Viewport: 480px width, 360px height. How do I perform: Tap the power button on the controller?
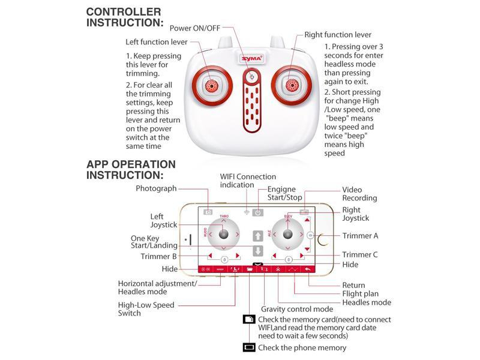[x=253, y=77]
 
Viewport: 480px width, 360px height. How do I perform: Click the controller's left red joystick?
[x=211, y=85]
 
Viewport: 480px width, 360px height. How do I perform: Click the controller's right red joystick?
[x=293, y=85]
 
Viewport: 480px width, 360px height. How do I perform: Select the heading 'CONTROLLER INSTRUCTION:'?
[x=125, y=17]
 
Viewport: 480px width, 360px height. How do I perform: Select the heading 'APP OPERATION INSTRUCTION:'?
[x=131, y=169]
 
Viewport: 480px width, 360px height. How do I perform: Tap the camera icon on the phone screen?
[x=208, y=212]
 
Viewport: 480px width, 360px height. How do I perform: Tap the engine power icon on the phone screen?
[x=257, y=212]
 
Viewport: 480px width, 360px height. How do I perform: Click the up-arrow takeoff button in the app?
[x=257, y=236]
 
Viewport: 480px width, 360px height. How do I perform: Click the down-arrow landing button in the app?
[x=257, y=251]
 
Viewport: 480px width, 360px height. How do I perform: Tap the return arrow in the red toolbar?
[x=308, y=269]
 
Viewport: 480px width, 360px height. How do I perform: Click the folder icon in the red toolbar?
[x=250, y=269]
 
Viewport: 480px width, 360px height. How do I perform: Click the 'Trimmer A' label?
[x=360, y=236]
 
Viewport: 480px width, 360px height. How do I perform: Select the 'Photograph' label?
[x=156, y=188]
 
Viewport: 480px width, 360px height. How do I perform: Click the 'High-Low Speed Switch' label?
[x=146, y=309]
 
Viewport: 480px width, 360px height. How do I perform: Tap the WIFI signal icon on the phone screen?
[x=246, y=212]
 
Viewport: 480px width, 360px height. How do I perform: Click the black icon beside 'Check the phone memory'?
[x=249, y=347]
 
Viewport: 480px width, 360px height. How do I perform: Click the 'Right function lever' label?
[x=338, y=35]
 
